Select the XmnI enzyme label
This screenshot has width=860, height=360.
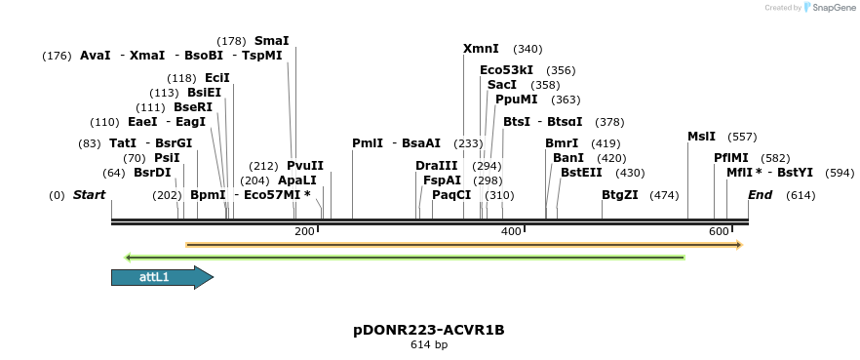(481, 49)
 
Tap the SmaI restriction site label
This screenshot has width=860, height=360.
(271, 41)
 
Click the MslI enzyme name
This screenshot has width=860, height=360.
(701, 137)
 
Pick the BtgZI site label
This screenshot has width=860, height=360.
(620, 195)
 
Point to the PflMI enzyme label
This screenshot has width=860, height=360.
(731, 157)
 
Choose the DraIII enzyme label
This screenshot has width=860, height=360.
(436, 166)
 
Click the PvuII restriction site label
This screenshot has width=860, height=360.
(305, 166)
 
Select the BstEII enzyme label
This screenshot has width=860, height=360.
(581, 173)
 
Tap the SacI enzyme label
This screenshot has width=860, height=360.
(502, 85)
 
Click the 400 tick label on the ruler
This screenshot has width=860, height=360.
(510, 231)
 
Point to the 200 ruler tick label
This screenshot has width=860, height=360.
(304, 231)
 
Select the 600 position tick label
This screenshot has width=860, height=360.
(719, 231)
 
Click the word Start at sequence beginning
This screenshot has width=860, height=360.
(89, 195)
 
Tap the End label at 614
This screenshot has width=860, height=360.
(760, 195)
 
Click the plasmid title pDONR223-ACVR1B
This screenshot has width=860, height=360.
(429, 330)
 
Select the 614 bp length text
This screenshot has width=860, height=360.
(429, 344)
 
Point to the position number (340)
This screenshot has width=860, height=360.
(528, 49)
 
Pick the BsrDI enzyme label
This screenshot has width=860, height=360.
(152, 173)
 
